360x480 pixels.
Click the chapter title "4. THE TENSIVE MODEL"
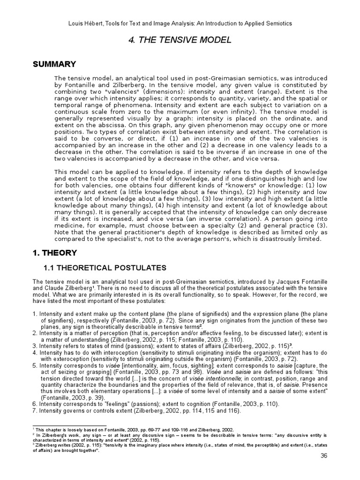pyautogui.click(x=180, y=40)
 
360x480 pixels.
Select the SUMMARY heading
pyautogui.click(x=54, y=63)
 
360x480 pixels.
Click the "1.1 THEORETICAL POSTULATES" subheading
pyautogui.click(x=105, y=268)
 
